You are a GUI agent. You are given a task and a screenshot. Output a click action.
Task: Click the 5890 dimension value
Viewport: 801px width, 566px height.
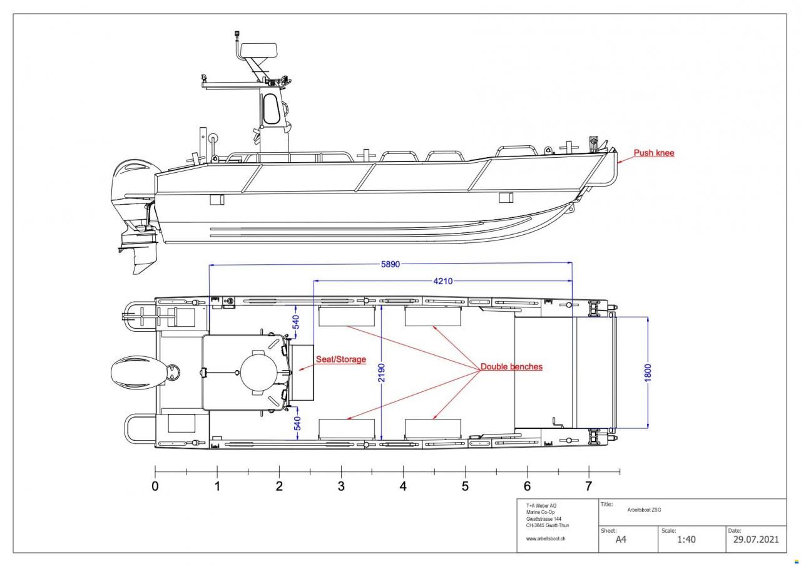(x=390, y=265)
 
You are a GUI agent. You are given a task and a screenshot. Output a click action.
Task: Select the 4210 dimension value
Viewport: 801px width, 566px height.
(x=443, y=281)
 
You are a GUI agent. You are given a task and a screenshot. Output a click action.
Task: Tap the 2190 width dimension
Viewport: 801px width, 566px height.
(x=381, y=373)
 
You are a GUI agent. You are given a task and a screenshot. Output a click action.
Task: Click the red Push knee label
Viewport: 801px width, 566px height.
(x=654, y=153)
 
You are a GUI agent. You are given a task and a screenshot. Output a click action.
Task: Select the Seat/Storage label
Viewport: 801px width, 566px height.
(x=340, y=359)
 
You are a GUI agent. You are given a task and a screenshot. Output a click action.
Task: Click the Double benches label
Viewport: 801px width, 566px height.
(x=511, y=367)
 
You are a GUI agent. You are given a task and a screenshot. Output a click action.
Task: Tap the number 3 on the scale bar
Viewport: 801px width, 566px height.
(x=341, y=486)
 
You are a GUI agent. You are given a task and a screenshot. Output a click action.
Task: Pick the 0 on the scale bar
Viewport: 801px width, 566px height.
(x=155, y=486)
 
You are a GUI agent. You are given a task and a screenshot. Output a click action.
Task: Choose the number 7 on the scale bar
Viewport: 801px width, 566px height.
(x=588, y=486)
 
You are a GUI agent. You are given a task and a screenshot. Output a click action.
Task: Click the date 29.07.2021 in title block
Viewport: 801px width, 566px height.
(x=755, y=540)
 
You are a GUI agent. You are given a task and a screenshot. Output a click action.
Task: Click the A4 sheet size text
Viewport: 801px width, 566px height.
(x=621, y=540)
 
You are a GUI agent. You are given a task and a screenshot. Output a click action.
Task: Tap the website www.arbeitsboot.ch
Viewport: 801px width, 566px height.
(x=546, y=538)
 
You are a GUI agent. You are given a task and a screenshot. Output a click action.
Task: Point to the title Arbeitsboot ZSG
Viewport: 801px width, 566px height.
(x=644, y=510)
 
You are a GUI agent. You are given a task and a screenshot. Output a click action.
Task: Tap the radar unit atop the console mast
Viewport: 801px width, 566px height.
(x=258, y=50)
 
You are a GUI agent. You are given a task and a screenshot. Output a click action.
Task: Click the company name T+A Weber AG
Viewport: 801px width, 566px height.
(x=541, y=506)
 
